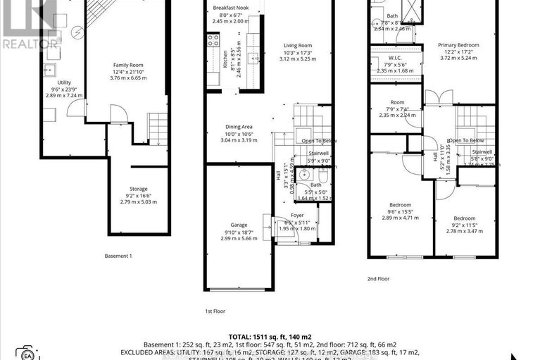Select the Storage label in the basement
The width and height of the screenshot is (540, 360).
pos(138,189)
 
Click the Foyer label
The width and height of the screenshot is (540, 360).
pos(297,215)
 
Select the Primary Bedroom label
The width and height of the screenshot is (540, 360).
pos(458,45)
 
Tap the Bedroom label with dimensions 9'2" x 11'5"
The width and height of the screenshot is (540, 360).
pos(465,218)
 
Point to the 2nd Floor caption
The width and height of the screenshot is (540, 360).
pos(378,278)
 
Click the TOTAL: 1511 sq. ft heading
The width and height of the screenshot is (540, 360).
pos(270,335)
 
